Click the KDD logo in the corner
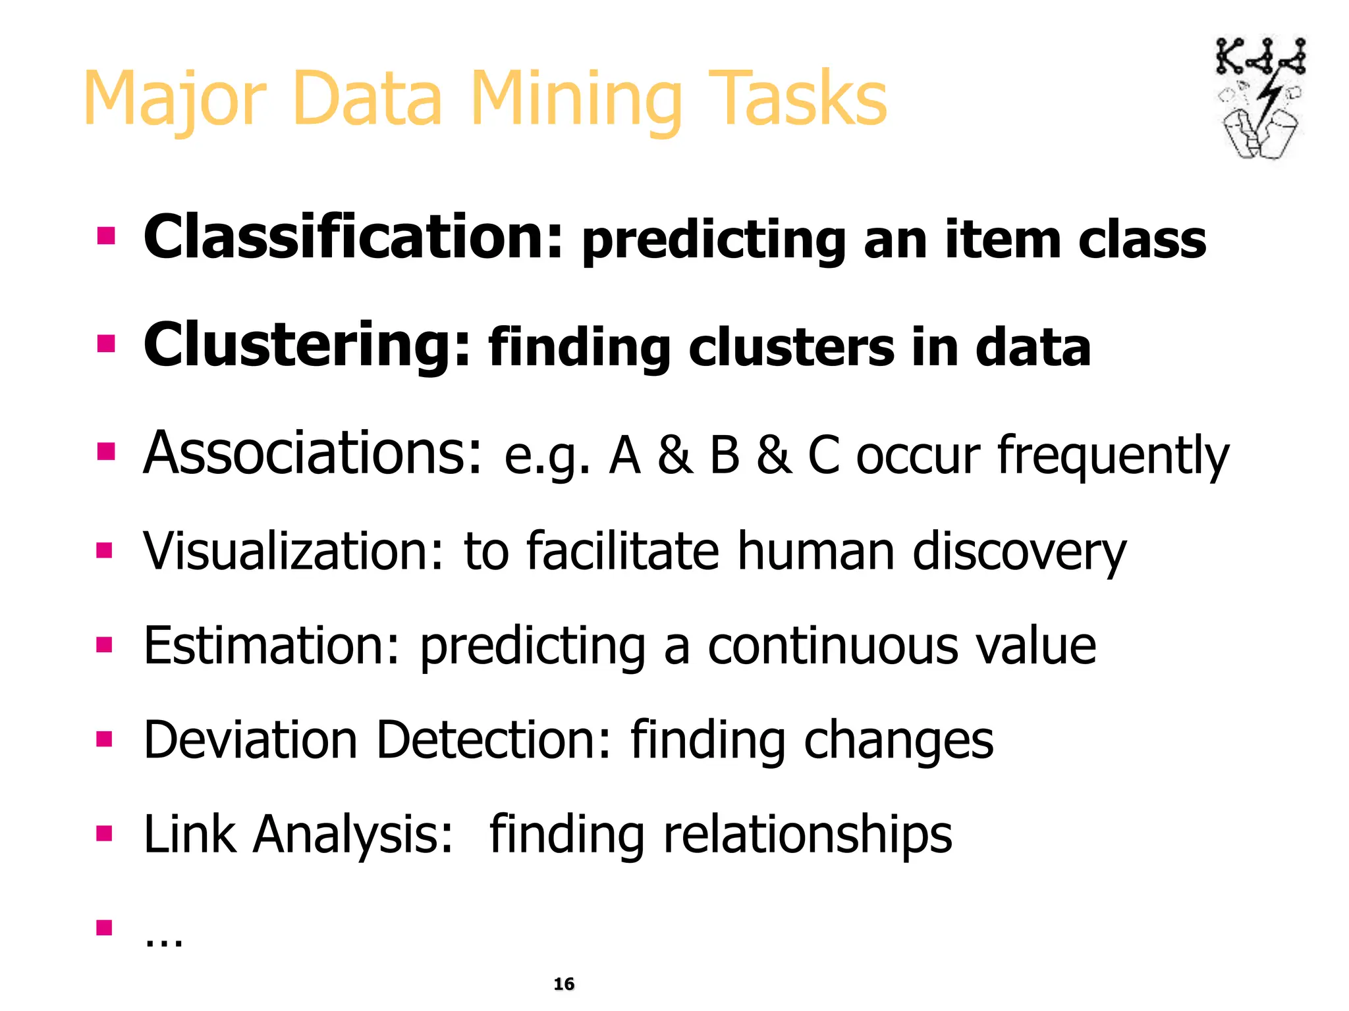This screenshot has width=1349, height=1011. [x=1259, y=99]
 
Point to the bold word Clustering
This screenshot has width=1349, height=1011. [x=307, y=346]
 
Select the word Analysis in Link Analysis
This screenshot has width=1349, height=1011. [x=354, y=834]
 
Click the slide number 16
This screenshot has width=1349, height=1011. [x=564, y=984]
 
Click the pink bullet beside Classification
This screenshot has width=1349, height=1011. [x=105, y=236]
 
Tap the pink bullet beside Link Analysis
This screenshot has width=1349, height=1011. [x=104, y=834]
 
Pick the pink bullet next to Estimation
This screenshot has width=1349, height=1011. [x=104, y=644]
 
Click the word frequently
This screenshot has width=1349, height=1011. [x=1113, y=455]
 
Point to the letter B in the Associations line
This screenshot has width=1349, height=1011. [x=725, y=455]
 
